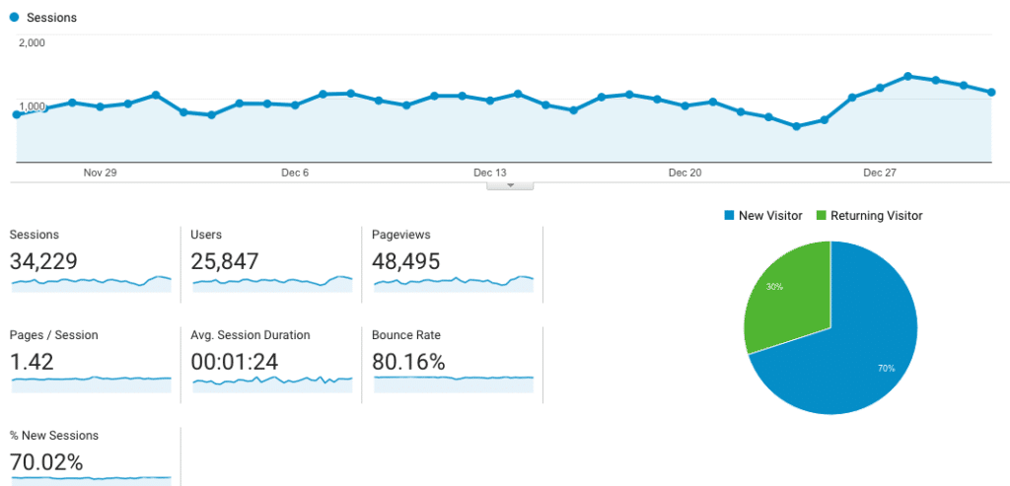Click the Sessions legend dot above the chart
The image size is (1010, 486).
[x=14, y=18]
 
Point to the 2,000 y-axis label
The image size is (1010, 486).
[x=32, y=42]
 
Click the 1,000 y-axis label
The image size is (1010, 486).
[x=32, y=106]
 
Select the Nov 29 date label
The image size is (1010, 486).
[x=100, y=173]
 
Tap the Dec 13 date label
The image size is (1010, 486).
[x=489, y=173]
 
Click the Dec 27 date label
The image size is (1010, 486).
[x=880, y=173]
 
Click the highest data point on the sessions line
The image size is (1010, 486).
[x=907, y=76]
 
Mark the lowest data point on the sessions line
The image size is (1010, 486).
[x=796, y=126]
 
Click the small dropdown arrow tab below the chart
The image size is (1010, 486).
[x=510, y=184]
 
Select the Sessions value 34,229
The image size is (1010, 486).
[x=43, y=261]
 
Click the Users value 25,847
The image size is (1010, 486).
[x=225, y=261]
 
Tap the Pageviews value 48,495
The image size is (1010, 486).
[x=405, y=261]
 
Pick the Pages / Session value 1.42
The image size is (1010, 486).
[x=32, y=362]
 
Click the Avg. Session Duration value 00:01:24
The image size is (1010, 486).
[x=235, y=362]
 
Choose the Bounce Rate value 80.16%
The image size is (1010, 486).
[x=408, y=362]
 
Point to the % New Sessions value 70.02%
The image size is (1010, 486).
[x=46, y=462]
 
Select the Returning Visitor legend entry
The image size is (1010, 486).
[x=869, y=215]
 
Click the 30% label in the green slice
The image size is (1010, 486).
[x=774, y=287]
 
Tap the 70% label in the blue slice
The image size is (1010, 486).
[x=886, y=368]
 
